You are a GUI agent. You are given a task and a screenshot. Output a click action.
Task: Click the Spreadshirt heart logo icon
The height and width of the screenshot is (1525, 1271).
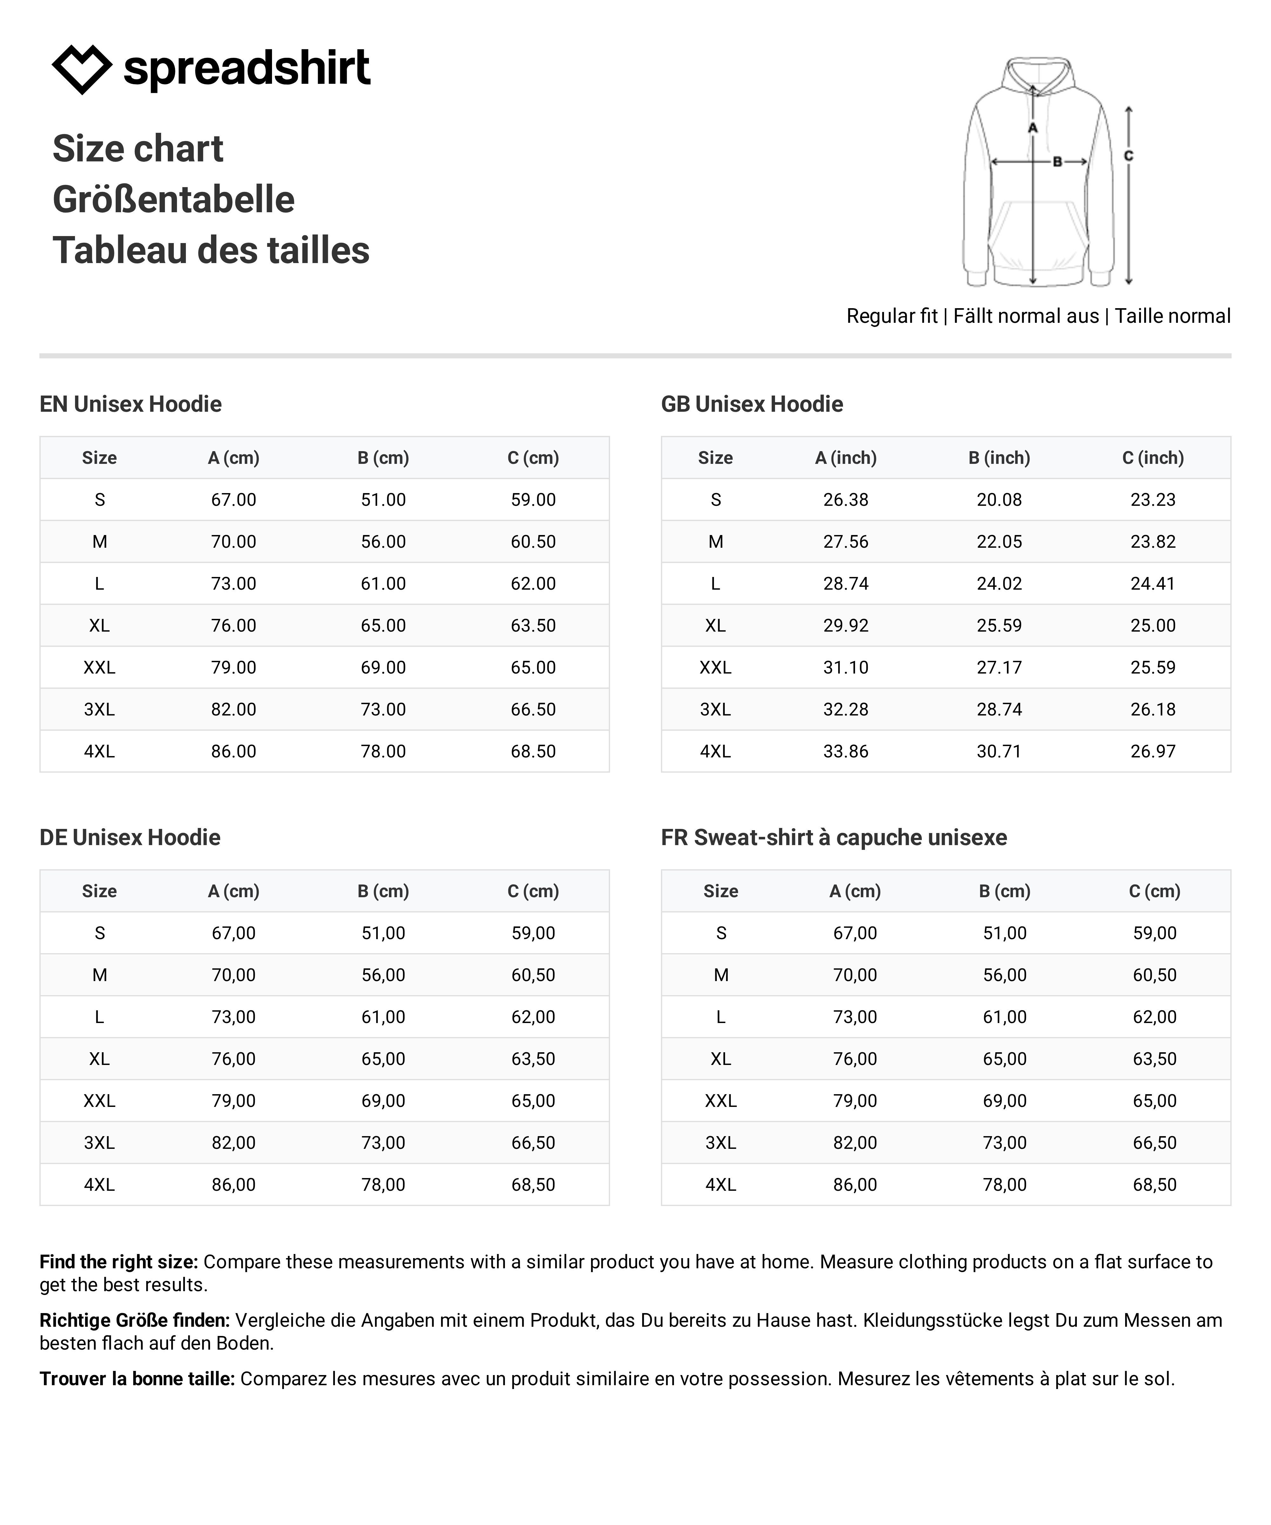[x=81, y=69]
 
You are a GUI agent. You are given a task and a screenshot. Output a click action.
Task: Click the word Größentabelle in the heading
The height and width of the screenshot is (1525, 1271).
[x=173, y=200]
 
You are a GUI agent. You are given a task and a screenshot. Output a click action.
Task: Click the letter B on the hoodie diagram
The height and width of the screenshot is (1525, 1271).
[x=1057, y=162]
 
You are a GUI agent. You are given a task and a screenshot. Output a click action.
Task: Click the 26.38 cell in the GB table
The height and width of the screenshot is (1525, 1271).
[x=846, y=500]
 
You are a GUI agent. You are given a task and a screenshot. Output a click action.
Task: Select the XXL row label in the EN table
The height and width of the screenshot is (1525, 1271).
[x=99, y=668]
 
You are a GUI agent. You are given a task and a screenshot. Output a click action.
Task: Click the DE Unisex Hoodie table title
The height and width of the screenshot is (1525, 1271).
[x=130, y=837]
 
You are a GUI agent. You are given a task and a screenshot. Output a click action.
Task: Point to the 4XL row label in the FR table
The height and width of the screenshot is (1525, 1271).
[x=720, y=1184]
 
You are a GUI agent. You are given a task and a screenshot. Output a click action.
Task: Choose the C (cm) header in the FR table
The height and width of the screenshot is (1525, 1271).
[x=1154, y=891]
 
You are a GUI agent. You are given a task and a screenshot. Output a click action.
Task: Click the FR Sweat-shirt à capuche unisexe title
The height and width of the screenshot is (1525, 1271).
[x=834, y=837]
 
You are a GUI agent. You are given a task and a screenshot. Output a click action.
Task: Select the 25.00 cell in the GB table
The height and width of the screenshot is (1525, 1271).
[x=1152, y=625]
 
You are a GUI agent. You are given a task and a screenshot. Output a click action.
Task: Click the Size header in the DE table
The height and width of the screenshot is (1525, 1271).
[x=99, y=891]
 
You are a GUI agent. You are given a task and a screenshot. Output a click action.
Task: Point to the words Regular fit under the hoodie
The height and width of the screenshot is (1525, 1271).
[x=892, y=316]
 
